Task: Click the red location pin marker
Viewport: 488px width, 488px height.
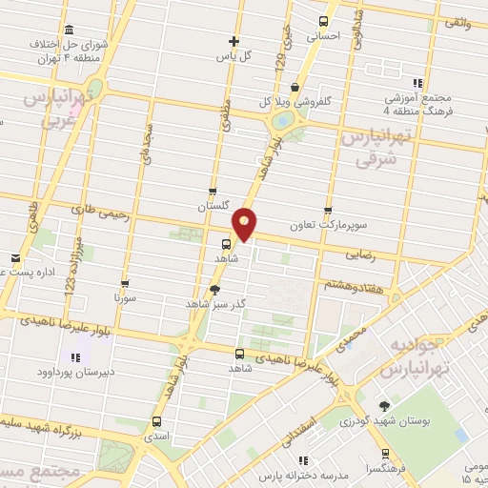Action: tap(245, 223)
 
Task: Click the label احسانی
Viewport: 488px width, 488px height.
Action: tap(322, 36)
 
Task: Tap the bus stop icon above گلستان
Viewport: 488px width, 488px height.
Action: tap(213, 191)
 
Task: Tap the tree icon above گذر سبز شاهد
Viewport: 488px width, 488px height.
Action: tap(216, 290)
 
